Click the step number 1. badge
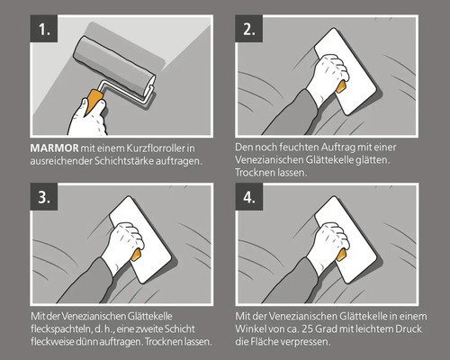click(44, 29)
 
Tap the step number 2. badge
click(249, 29)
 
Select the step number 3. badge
click(44, 197)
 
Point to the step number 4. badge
click(249, 197)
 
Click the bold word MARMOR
click(54, 148)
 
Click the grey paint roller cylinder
click(114, 67)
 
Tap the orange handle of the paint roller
click(94, 102)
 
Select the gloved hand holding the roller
click(87, 118)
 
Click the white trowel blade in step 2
click(345, 71)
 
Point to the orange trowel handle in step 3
click(136, 255)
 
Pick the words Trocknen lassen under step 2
click(271, 173)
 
